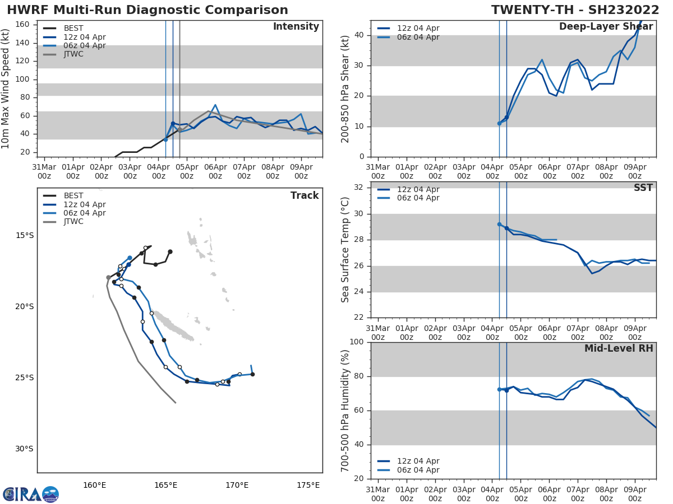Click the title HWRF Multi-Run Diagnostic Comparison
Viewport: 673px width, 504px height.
147,10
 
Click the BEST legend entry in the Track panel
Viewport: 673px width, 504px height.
73,196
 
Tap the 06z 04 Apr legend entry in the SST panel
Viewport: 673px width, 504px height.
418,198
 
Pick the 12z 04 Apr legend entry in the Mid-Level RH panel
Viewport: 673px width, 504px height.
418,461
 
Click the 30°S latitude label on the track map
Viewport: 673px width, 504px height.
24,449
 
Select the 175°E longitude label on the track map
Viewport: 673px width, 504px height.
308,485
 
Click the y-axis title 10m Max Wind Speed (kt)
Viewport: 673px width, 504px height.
6,88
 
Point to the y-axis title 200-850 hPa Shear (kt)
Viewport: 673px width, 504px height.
346,88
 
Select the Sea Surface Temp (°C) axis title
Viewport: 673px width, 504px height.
346,250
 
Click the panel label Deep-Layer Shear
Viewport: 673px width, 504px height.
606,27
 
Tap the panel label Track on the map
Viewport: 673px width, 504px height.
305,195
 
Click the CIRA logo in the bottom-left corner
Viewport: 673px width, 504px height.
31,494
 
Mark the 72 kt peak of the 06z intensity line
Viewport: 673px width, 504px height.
215,105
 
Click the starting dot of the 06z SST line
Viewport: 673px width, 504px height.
499,224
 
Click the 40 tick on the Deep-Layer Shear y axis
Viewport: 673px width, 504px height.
361,35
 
